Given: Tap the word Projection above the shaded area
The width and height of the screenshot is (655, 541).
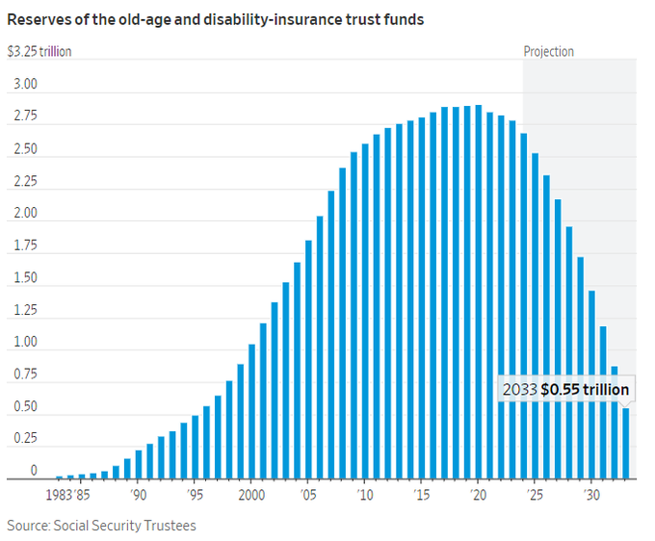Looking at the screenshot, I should (x=548, y=52).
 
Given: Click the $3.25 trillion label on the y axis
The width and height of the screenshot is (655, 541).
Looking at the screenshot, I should (x=39, y=52).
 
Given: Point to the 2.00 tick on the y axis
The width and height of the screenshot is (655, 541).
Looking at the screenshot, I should (x=25, y=214).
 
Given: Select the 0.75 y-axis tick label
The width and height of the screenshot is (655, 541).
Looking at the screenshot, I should (x=25, y=375).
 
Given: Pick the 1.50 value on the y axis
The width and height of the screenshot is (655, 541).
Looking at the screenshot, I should (x=25, y=278).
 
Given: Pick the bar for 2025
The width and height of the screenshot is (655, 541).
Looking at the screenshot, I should (x=536, y=317).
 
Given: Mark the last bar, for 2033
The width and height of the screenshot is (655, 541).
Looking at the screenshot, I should (x=626, y=444).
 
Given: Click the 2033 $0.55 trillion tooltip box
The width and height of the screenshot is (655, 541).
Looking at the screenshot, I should (x=565, y=390).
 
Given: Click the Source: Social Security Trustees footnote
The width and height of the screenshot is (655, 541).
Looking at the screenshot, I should (x=100, y=526).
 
